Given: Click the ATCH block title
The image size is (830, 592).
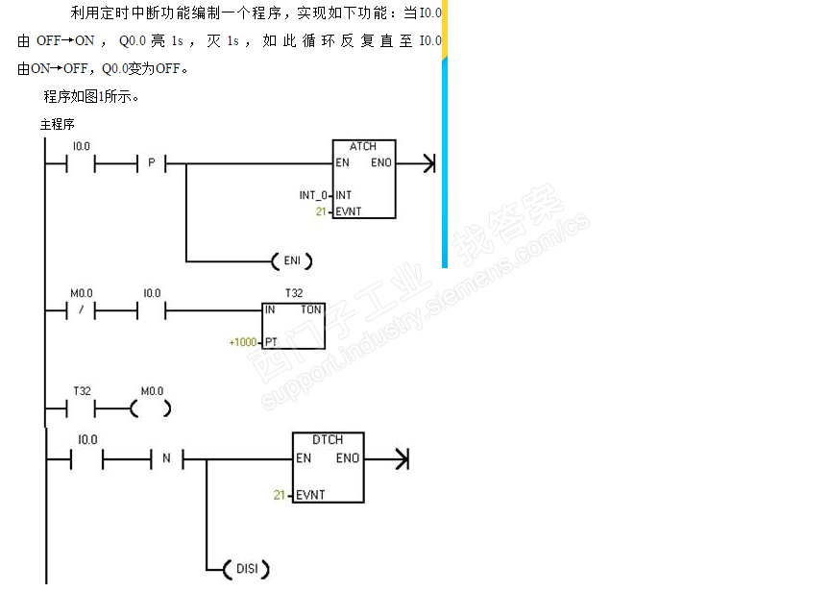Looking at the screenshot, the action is coord(362,146).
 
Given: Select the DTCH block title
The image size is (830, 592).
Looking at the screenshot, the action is coord(328,439).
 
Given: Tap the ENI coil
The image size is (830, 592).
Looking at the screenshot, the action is coord(292,261).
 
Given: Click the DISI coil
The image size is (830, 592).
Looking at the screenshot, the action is coord(247,569).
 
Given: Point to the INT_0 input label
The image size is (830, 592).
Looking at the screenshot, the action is coord(313,195).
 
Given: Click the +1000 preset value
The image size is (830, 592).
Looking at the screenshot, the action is coord(243,342).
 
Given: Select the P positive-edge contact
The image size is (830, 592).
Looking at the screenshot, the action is coord(152,163).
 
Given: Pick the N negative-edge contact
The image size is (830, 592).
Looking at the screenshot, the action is coord(167,458).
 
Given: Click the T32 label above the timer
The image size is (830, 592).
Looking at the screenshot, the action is coord(294,293).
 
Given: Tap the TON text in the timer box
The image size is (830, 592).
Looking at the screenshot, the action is coord(310,309).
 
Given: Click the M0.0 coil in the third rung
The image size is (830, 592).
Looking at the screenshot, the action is coord(151,408).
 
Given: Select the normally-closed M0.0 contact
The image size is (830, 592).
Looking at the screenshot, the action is coord(81,309).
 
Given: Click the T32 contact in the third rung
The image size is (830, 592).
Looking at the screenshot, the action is coord(81,408).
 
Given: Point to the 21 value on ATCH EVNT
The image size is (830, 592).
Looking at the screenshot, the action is coord(321,211).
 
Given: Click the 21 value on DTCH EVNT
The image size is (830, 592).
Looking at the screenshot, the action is coord(280,495).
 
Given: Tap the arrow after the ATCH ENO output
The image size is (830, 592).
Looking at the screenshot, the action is coord(416,163).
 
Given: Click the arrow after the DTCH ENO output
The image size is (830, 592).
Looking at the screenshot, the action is coord(387,459).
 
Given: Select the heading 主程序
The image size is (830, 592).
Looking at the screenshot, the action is coord(58,124).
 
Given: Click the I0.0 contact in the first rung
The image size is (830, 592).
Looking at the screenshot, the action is coord(81,163).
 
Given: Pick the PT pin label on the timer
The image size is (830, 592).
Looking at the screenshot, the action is coord(271,342).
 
